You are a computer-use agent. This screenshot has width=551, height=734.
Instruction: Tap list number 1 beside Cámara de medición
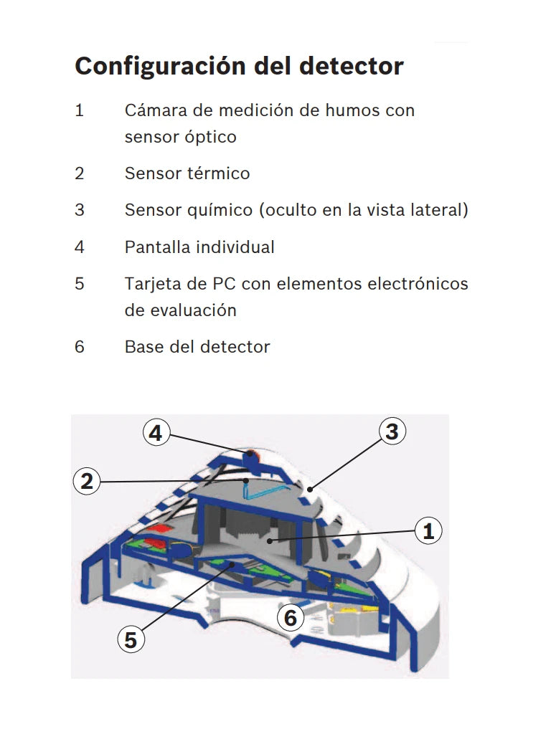(x=80, y=110)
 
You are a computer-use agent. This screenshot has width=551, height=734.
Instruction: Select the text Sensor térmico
(x=187, y=173)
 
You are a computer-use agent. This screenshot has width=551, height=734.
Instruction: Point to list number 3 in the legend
(x=80, y=210)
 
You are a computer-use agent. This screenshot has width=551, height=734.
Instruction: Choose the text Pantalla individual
(x=199, y=247)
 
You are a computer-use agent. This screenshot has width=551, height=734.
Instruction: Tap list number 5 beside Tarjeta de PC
(x=80, y=284)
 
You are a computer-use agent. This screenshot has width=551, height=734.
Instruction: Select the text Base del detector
(x=197, y=347)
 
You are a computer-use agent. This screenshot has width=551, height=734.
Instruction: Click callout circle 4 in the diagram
(x=156, y=433)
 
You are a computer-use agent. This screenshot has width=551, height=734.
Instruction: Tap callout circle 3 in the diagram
(x=391, y=432)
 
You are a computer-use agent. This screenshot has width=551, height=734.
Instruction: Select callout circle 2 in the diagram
(x=87, y=481)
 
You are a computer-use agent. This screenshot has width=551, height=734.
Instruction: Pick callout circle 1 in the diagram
(x=428, y=531)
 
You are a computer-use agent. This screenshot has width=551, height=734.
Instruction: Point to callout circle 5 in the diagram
(x=130, y=639)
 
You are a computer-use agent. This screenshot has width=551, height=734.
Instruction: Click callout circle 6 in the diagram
(x=290, y=616)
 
